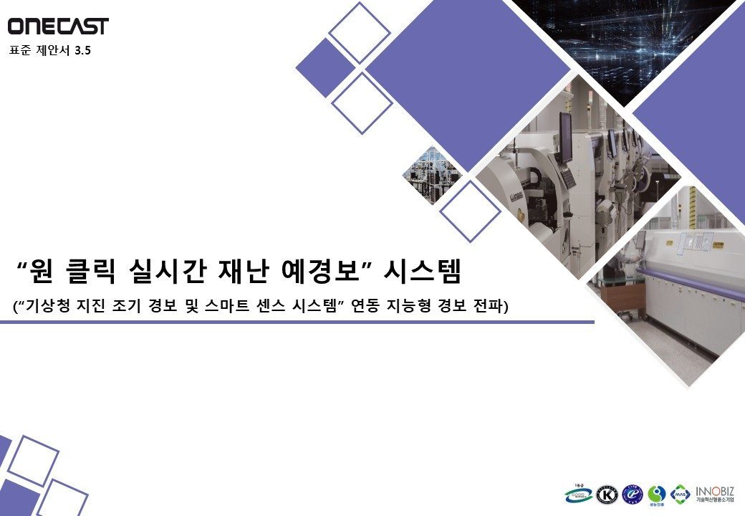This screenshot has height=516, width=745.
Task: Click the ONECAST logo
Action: click(x=58, y=27)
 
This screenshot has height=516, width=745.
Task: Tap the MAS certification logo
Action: click(x=681, y=494)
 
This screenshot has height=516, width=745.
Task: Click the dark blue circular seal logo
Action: click(x=633, y=494)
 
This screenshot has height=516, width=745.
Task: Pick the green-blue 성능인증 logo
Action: click(x=657, y=494)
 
